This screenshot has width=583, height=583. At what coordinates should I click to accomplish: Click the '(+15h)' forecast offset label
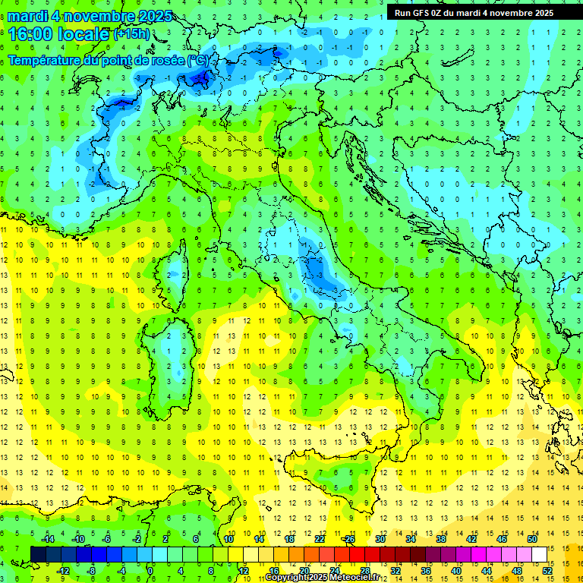131,33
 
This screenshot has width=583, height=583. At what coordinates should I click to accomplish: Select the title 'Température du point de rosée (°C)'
108,59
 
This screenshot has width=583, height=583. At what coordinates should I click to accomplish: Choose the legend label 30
380,539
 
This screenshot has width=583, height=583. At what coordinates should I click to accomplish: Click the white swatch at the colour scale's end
539,554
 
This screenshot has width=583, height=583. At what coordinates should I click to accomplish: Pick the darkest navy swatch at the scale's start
38,554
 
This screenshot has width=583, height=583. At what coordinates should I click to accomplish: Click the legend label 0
150,570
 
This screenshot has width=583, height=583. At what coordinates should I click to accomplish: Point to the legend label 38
441,539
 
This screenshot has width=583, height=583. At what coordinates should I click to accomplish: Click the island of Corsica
177,269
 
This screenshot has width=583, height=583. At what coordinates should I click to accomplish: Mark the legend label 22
320,539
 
